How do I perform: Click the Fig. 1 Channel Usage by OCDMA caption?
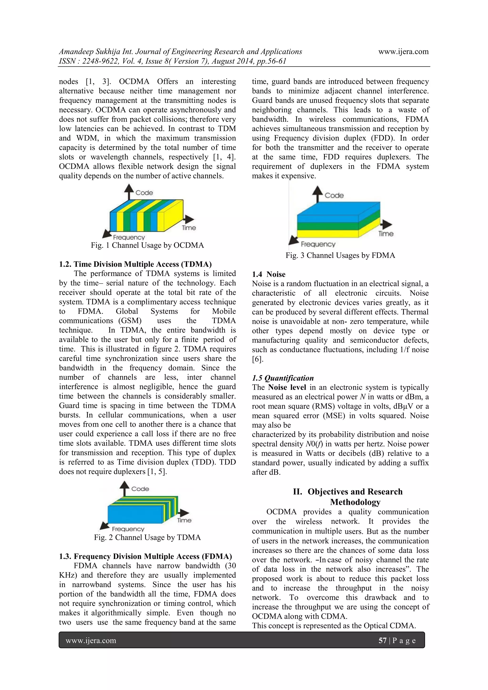pos(147,245)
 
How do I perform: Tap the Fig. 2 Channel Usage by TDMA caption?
pos(147,537)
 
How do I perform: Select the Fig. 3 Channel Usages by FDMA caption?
pos(340,256)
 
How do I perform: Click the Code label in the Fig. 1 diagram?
pos(144,193)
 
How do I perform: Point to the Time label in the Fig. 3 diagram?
pos(386,234)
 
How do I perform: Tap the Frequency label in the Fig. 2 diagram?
pos(128,529)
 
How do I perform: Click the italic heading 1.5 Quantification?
pos(283,378)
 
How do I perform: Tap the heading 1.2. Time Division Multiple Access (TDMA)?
pos(135,264)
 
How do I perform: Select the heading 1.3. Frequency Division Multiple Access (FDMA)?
pos(145,556)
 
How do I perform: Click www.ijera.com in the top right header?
pos(403,51)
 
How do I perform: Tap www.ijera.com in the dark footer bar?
pos(91,640)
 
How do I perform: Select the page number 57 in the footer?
pos(382,640)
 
